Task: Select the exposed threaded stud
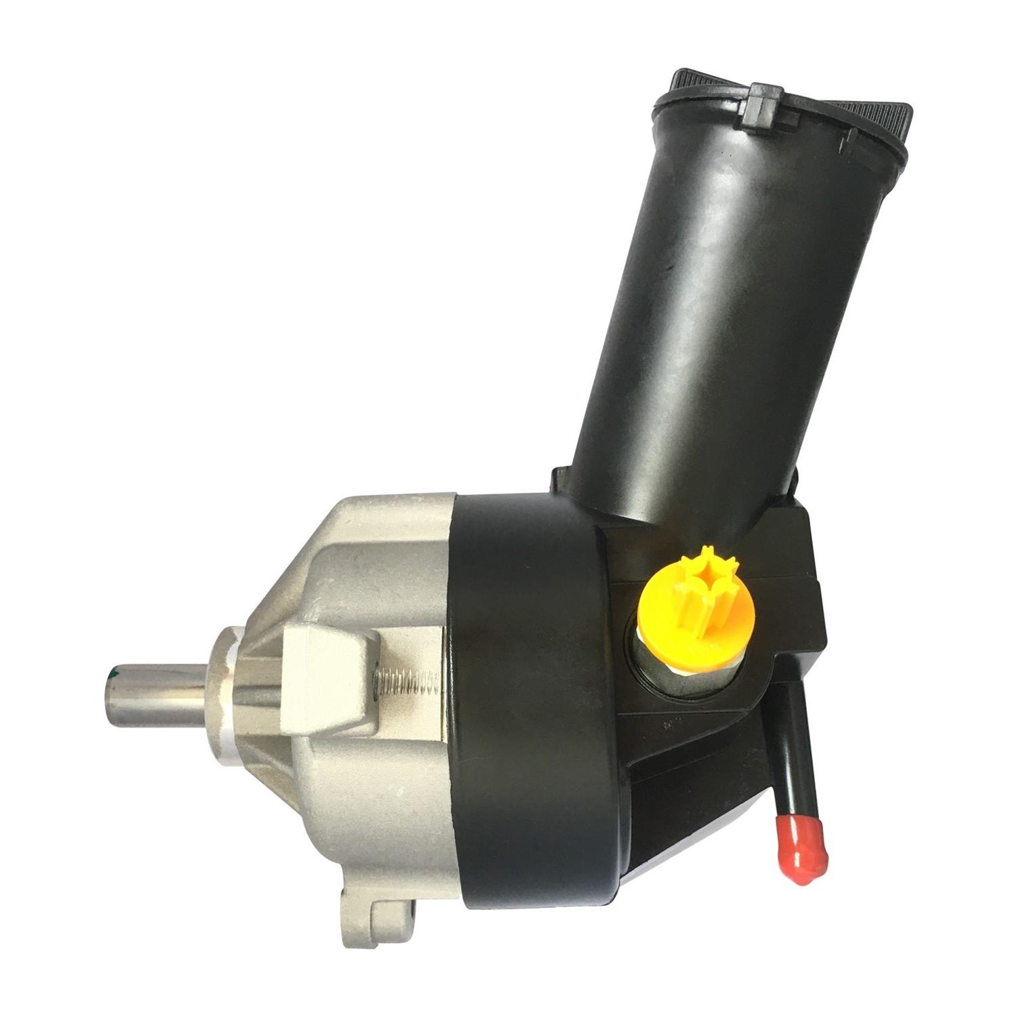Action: point(407,681)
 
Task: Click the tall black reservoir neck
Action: point(725,305)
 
